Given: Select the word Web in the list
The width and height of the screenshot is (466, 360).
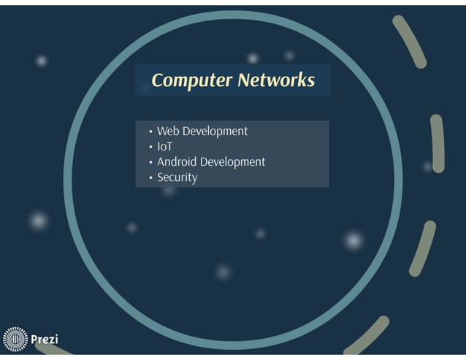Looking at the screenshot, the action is pos(168,131).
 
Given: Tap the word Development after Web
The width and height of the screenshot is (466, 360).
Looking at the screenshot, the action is pos(215,131).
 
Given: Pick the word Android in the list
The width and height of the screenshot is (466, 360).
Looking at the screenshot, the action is pos(177,162).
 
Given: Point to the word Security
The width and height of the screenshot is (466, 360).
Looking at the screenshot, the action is pos(177,177).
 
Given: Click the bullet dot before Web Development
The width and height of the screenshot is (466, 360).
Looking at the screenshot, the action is pos(150,132).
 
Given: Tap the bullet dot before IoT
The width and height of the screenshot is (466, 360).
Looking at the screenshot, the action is pos(150,148).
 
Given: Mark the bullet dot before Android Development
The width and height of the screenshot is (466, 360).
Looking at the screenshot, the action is pos(150,163).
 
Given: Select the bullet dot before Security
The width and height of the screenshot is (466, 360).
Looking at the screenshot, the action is pos(150,178).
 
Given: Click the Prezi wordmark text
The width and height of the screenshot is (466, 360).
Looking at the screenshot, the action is pos(44,340).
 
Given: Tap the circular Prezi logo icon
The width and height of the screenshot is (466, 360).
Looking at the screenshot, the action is pos(15,340).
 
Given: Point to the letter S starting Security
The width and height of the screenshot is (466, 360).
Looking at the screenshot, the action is pos(161,177).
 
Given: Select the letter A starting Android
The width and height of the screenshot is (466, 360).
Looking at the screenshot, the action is pos(161,162).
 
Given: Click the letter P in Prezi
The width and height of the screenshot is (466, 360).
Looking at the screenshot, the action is pos(34,340).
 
